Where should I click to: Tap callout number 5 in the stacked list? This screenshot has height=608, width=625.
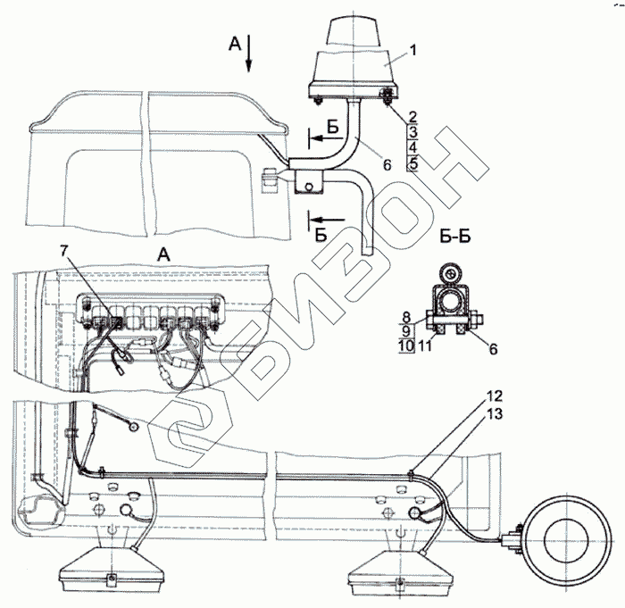[412, 162]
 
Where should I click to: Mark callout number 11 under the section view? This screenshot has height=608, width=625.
[426, 344]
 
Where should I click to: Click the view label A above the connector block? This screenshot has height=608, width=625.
[162, 254]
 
